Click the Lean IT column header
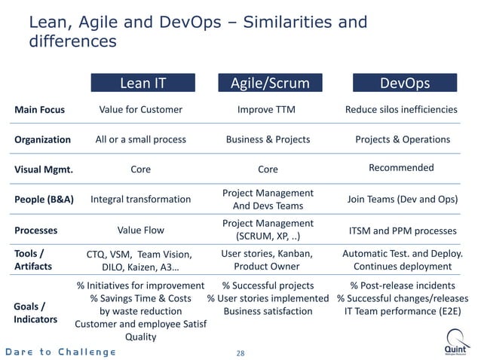pos(143,83)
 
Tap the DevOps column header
pos(405,83)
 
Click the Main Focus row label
pos(40,110)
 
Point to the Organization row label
pos(43,139)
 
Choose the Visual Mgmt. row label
pos(44,169)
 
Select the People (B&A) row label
pos(44,200)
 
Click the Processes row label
pos(36,230)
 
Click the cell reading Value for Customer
pos(141,110)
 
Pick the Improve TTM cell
pos(266,110)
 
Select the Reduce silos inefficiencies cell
pos(401,110)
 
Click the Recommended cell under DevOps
pos(401,168)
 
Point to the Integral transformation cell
pos(141,200)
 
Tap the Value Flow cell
pos(141,230)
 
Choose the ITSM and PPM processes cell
pos(403,230)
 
